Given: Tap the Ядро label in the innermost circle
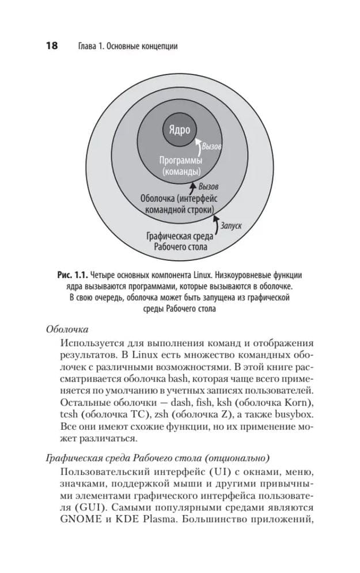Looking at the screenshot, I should (x=179, y=130).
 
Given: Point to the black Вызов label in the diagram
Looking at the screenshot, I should (x=208, y=187).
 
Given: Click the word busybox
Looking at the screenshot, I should (x=293, y=415).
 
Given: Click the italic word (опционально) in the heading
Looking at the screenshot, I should (x=236, y=458).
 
